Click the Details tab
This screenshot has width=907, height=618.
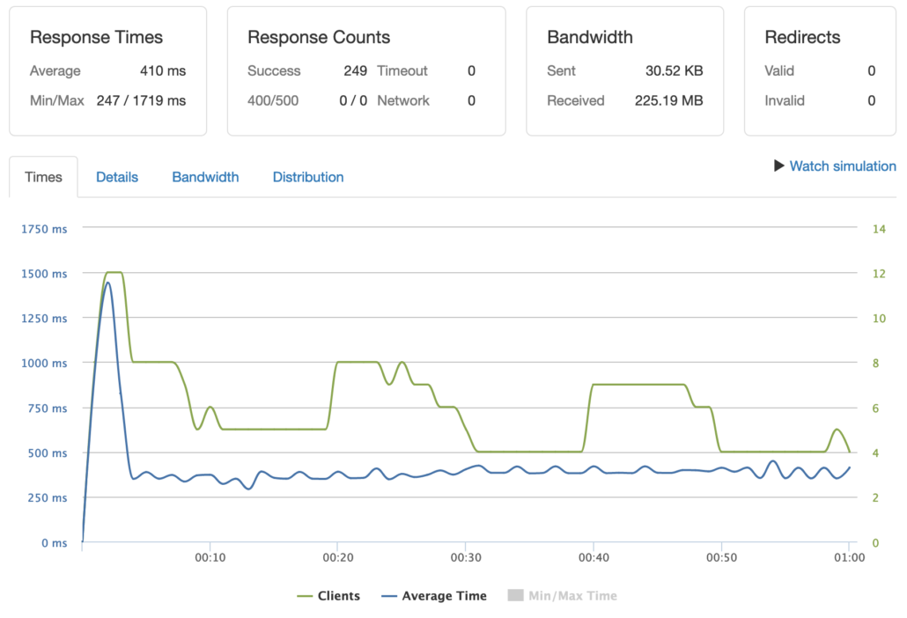(x=117, y=177)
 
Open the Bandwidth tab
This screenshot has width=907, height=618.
(x=205, y=177)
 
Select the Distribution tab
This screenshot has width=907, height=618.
(x=308, y=177)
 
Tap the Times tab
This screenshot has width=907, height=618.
(x=44, y=177)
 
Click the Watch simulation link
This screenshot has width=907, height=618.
(x=842, y=166)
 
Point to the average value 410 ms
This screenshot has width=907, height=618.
(x=163, y=70)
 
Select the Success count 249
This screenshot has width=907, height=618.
(x=355, y=70)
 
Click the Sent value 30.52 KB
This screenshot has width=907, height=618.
(x=674, y=70)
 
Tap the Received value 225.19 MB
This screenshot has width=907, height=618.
(x=668, y=100)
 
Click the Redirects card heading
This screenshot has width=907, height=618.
(x=802, y=37)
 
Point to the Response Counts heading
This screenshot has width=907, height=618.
(x=319, y=37)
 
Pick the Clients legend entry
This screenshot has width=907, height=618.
(x=328, y=596)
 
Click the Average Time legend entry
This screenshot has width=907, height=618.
(x=434, y=596)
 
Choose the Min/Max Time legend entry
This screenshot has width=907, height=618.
(x=563, y=596)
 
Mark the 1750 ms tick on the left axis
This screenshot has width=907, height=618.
(x=44, y=229)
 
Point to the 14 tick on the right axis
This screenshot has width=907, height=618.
(x=878, y=229)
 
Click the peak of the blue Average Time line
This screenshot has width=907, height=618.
(x=107, y=283)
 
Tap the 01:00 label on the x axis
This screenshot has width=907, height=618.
(x=848, y=558)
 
